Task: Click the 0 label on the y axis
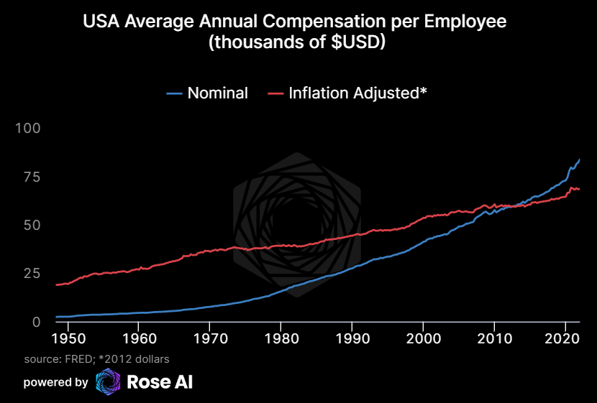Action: (37, 322)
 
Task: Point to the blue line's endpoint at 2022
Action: (580, 159)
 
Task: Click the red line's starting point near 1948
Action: (56, 285)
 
